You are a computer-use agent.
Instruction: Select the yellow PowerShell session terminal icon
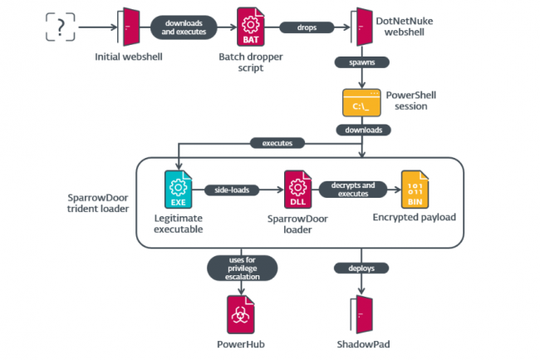[361, 102]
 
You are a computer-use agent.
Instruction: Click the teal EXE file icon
[178, 190]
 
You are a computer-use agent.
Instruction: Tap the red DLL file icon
[297, 190]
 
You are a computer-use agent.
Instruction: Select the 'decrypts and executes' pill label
[352, 190]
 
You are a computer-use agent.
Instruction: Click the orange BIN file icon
[414, 190]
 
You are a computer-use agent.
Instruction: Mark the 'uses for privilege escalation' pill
[240, 268]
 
